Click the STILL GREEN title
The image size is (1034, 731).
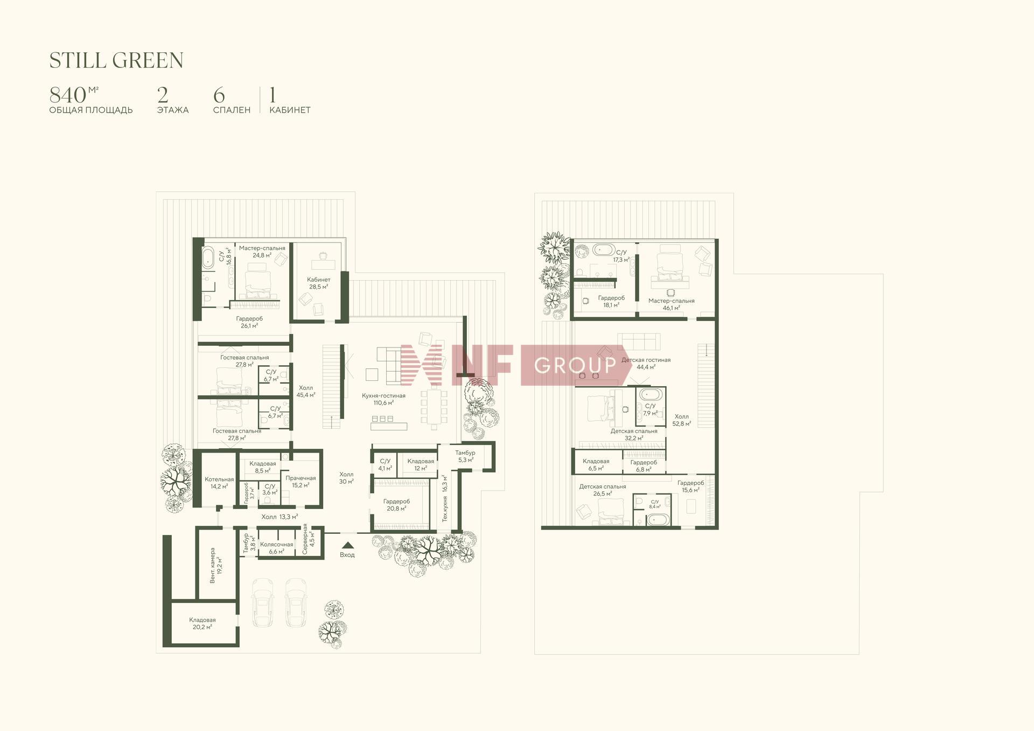(116, 60)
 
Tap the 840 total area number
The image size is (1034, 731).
(68, 95)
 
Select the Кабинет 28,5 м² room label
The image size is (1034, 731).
(319, 283)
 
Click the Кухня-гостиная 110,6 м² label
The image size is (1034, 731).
(383, 399)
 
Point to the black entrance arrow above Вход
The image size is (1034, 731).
(347, 545)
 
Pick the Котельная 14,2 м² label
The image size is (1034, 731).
(219, 483)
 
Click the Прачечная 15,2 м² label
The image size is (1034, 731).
(301, 482)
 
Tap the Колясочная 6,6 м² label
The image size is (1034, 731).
(276, 548)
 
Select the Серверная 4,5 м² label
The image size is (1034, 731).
(309, 539)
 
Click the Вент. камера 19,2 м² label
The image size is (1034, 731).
(216, 566)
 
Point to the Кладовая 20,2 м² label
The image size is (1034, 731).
(202, 623)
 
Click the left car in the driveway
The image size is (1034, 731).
(263, 603)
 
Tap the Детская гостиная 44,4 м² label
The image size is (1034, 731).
(646, 363)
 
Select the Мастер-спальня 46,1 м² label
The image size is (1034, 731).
(672, 304)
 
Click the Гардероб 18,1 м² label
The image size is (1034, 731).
(611, 301)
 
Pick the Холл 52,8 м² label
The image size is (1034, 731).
(682, 420)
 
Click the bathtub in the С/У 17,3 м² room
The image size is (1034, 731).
(604, 249)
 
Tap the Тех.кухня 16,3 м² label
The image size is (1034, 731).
(445, 498)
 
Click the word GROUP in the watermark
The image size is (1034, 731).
(575, 366)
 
